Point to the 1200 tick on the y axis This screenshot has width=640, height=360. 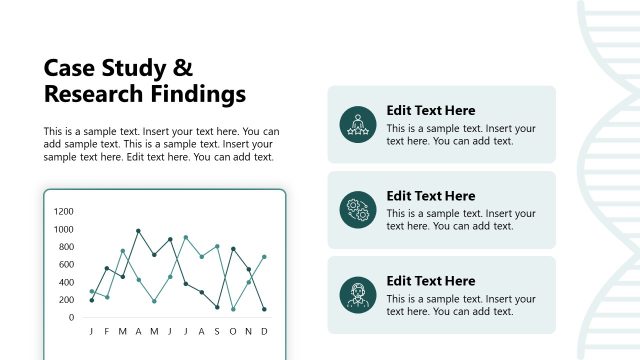point(64,212)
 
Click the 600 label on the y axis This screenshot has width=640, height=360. point(67,265)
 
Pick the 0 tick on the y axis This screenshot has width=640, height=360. point(71,318)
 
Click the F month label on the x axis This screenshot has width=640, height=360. point(107,332)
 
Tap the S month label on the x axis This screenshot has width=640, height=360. point(217,332)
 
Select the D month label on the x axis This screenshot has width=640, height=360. point(264,332)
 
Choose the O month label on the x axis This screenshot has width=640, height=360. point(233,332)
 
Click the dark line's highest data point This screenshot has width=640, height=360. point(138,231)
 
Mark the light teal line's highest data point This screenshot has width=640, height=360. point(186,237)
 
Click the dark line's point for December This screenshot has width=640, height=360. point(264,309)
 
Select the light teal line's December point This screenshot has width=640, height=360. point(264,257)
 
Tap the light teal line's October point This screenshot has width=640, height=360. point(233,309)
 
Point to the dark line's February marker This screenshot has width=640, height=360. point(107,268)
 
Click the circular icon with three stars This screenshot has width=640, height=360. point(356,124)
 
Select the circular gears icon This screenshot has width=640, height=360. point(356,209)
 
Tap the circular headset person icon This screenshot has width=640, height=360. point(356,295)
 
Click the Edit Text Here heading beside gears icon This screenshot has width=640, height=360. point(430,196)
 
